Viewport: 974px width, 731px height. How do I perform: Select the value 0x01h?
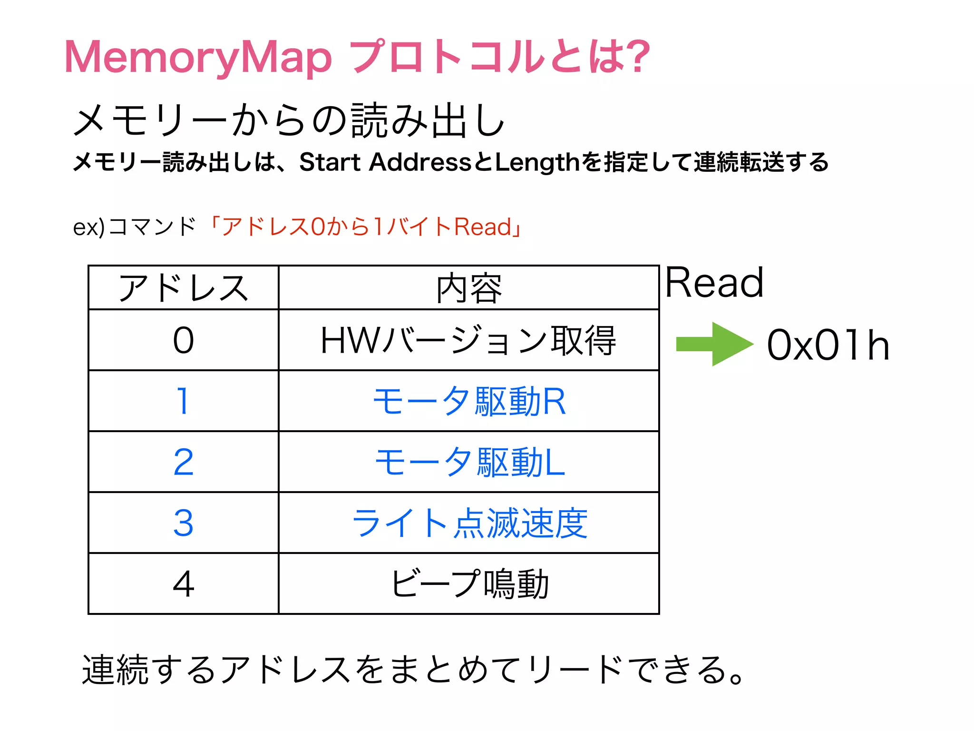[828, 345]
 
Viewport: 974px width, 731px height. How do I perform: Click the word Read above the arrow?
[714, 283]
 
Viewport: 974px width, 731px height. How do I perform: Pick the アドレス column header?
[183, 288]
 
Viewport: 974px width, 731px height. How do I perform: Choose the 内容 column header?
[469, 288]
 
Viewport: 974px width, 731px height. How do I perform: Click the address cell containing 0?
[183, 341]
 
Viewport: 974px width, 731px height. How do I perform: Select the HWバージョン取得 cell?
[469, 341]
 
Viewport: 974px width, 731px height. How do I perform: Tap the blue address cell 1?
[183, 401]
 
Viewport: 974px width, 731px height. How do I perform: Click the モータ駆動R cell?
[469, 401]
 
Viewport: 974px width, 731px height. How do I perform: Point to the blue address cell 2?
[183, 462]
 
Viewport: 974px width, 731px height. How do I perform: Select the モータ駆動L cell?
[469, 462]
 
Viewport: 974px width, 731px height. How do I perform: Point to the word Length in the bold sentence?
[537, 162]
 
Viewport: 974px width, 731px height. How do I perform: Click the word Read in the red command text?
[482, 227]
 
